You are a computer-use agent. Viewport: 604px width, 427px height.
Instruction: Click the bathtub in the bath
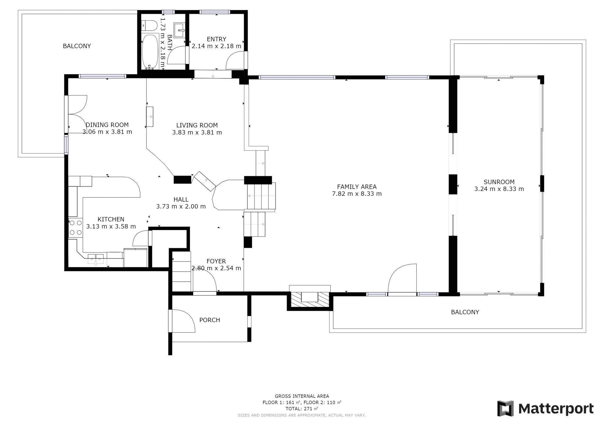150,51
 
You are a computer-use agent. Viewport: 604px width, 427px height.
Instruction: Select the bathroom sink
180,30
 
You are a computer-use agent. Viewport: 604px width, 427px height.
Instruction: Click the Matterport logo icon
505,408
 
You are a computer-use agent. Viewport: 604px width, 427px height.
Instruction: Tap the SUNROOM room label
499,182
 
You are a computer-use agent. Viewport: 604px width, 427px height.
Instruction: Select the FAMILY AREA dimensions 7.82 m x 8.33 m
357,194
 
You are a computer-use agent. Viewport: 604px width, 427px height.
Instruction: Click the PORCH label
210,320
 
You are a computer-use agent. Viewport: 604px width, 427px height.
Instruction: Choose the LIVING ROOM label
197,125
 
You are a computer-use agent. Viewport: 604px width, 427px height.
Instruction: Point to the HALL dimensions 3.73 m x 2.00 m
181,206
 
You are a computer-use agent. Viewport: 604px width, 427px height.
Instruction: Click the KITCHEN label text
111,219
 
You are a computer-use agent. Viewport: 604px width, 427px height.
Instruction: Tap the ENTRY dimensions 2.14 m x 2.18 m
216,46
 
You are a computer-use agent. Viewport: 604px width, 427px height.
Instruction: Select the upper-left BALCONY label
77,46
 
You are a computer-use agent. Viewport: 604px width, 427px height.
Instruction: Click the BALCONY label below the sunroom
465,312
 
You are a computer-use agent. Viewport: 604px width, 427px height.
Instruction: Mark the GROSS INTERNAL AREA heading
302,396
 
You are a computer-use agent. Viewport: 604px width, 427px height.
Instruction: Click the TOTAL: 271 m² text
302,409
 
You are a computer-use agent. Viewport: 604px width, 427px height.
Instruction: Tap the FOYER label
216,261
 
